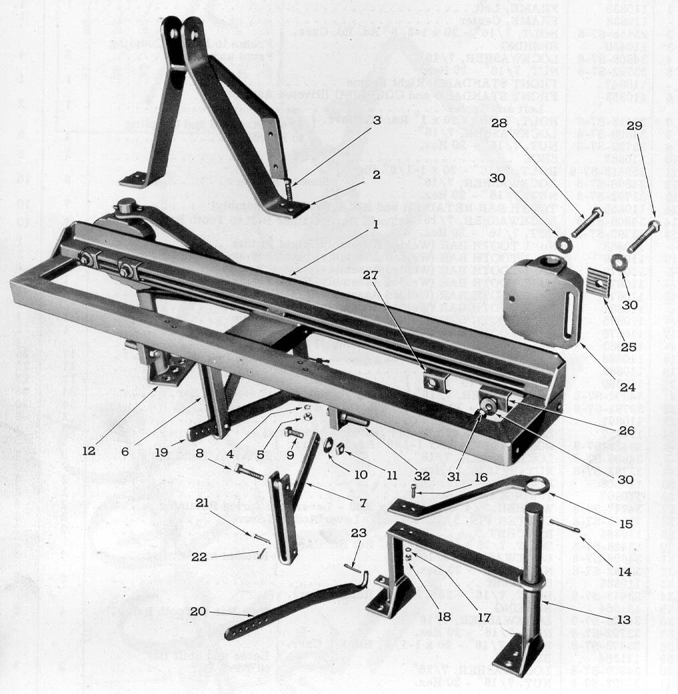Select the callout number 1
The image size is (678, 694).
tap(377, 225)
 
